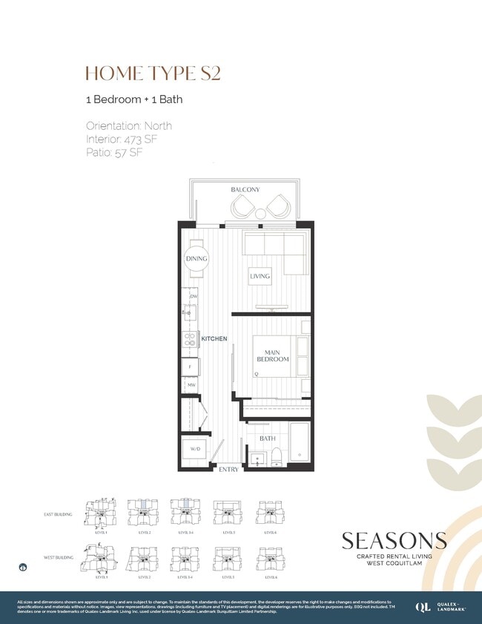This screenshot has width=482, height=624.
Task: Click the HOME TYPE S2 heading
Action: (x=153, y=73)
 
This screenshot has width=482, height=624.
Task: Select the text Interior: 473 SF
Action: (x=122, y=139)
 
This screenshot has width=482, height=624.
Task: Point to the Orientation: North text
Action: (x=128, y=125)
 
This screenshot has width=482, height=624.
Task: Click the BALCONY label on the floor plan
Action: (x=245, y=190)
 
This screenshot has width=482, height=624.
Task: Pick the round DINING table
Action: (x=197, y=259)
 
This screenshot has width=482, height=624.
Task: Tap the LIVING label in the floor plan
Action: (x=260, y=276)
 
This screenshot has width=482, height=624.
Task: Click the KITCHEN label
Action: (x=214, y=338)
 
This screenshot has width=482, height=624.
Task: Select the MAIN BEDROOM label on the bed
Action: (x=272, y=355)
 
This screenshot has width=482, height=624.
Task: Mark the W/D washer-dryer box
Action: (x=195, y=450)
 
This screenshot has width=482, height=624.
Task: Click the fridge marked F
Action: (x=190, y=367)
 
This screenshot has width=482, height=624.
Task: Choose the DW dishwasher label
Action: (x=193, y=297)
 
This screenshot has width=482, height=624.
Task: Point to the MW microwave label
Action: (x=191, y=386)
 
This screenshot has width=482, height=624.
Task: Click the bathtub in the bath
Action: (x=300, y=442)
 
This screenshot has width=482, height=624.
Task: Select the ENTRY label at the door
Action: (x=228, y=470)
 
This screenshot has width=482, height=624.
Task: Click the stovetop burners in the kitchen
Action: (x=190, y=340)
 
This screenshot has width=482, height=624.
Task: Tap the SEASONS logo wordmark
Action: (x=394, y=540)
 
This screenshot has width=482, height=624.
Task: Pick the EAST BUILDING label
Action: (x=58, y=513)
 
